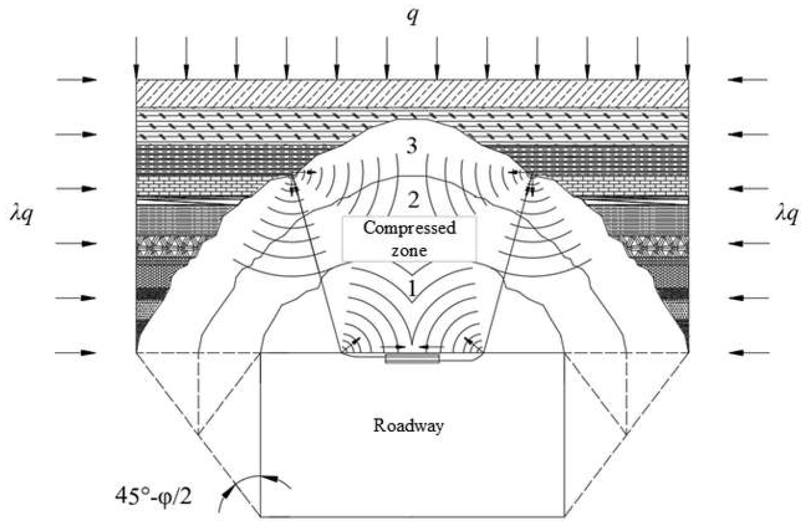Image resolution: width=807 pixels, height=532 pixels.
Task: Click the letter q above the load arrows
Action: coord(412,16)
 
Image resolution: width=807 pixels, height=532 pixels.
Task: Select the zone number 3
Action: coord(411,146)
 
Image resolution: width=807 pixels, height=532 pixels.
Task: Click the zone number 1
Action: coord(412,289)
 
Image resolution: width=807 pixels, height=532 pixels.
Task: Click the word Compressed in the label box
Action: coord(409,228)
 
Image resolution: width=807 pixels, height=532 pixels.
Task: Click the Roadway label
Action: coord(408,426)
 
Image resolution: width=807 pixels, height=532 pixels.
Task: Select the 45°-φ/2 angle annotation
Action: coord(153,497)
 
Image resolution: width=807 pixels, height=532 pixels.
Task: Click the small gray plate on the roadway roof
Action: coord(412,358)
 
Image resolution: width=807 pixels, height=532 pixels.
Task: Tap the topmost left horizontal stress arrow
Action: coord(77,80)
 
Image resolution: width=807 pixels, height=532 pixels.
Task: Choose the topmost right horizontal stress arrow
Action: coord(747,80)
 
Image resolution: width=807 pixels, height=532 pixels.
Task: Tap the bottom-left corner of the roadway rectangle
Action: coord(261,517)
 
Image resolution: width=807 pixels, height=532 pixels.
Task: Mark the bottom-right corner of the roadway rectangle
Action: coord(565,517)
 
